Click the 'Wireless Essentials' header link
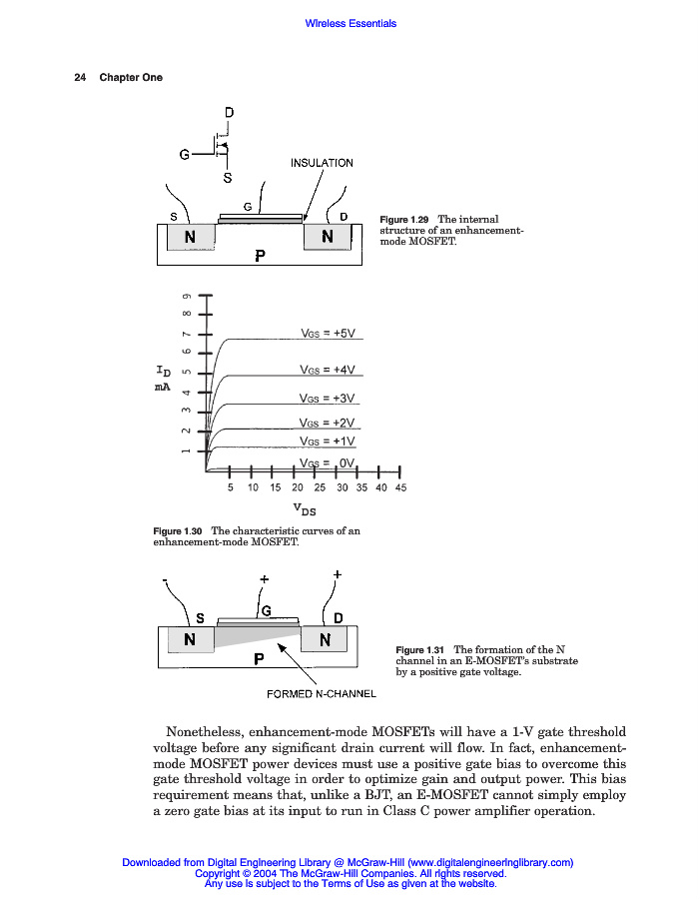tap(350, 23)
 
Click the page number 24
tap(80, 78)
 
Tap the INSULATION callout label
tap(322, 162)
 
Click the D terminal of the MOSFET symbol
tap(229, 112)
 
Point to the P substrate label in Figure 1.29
tap(260, 255)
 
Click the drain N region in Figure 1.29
tap(327, 238)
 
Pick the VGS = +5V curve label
tap(328, 334)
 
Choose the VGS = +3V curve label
tap(328, 398)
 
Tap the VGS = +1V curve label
tap(328, 441)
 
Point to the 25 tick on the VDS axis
tap(320, 488)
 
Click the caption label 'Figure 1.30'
tap(178, 530)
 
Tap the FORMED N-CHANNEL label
tap(322, 693)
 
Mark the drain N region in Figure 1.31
tap(324, 639)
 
